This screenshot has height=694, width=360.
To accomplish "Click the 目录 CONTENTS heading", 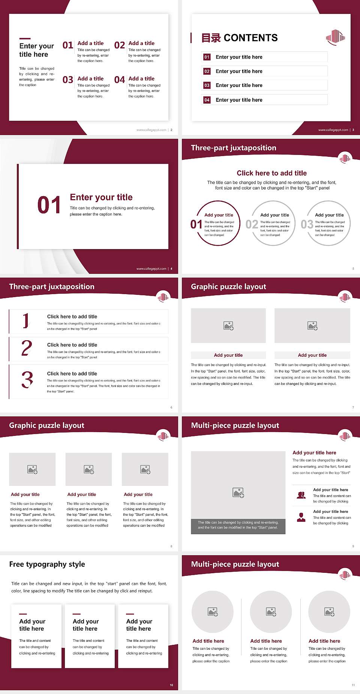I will (x=239, y=38).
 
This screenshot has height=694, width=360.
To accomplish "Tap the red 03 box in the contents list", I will (x=207, y=86).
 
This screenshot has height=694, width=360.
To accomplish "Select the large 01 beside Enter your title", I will (x=49, y=205).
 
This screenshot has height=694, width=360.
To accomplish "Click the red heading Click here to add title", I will (x=271, y=173).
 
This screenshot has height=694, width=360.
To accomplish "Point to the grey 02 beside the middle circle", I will (x=252, y=224).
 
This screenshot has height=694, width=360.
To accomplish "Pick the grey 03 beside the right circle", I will (x=307, y=224).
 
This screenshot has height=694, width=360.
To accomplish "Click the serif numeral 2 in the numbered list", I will (x=27, y=349).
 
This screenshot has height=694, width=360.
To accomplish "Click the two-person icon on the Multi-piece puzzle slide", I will (x=301, y=495).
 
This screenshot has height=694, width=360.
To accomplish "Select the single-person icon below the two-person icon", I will (x=301, y=517).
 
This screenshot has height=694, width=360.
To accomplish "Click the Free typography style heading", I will (x=47, y=564).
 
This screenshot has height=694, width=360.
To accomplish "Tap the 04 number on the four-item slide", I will (x=120, y=80).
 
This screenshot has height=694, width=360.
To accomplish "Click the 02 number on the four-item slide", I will (x=120, y=45).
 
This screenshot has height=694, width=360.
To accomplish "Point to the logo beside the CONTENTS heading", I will (x=335, y=37).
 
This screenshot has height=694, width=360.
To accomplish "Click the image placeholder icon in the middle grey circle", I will (x=271, y=612).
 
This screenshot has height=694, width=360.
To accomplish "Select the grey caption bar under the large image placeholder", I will (x=238, y=525).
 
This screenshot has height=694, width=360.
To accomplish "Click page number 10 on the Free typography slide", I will (x=171, y=685).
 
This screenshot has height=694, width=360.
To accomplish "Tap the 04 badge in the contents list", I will (x=207, y=100).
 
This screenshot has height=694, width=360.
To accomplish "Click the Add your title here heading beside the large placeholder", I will (x=314, y=453).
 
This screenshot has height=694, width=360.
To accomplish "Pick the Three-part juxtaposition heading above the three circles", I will (x=233, y=148).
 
